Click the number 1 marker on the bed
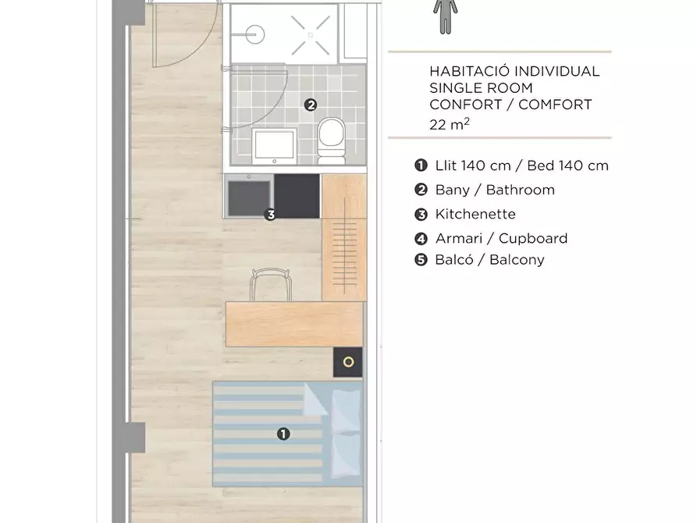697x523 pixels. [283, 433]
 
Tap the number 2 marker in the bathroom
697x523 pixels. [311, 105]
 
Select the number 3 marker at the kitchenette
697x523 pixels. [270, 215]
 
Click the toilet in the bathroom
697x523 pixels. [331, 140]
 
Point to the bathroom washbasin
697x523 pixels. [274, 146]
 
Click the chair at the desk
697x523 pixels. [271, 285]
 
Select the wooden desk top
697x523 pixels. [294, 324]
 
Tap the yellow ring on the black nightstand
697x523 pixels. [348, 362]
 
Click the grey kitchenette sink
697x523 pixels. [249, 196]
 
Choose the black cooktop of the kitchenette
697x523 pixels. [297, 196]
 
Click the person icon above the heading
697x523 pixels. [446, 16]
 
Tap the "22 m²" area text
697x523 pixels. [450, 124]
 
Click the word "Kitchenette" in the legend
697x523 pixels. [475, 214]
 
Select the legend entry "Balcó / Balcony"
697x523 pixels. [489, 260]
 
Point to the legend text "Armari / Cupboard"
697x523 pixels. [501, 238]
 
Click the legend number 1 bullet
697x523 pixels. [421, 165]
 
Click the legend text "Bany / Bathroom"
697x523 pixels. [495, 190]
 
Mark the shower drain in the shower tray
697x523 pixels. [311, 35]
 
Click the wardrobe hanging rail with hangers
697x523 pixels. [344, 245]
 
